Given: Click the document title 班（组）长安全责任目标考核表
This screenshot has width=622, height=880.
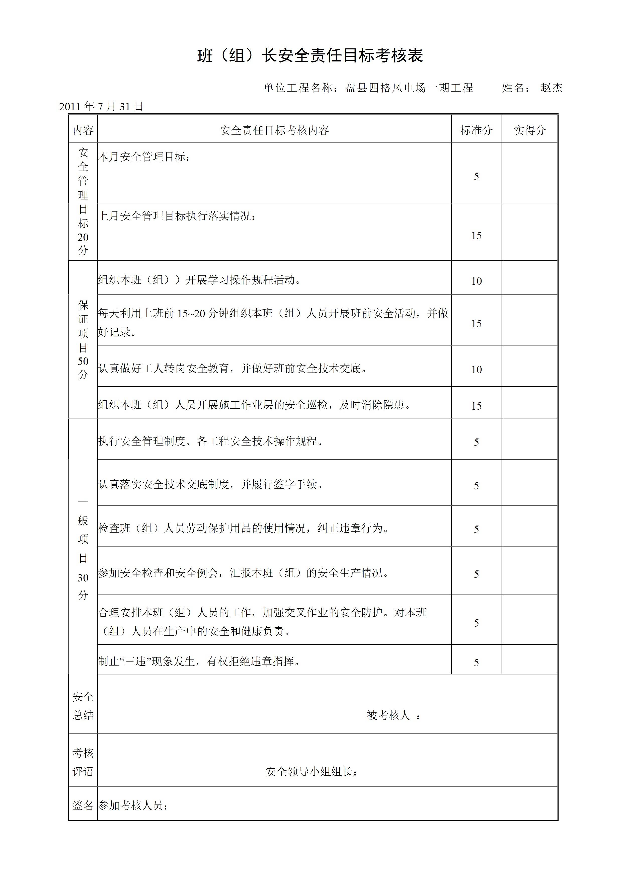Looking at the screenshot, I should (x=310, y=56).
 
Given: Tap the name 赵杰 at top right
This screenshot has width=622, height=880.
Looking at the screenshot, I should (x=551, y=88).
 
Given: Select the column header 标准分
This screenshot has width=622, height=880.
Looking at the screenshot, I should (x=476, y=130).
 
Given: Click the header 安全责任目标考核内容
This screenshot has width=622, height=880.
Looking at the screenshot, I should (x=274, y=130).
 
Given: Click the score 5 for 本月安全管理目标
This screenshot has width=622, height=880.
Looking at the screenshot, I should (x=476, y=176).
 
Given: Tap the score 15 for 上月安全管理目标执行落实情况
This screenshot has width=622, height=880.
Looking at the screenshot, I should (x=476, y=236).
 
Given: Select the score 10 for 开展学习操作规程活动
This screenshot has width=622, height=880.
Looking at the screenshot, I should (x=476, y=281).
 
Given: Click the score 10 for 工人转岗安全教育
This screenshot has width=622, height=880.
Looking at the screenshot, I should (x=476, y=370).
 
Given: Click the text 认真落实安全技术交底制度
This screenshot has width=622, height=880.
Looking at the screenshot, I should (x=210, y=484).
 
